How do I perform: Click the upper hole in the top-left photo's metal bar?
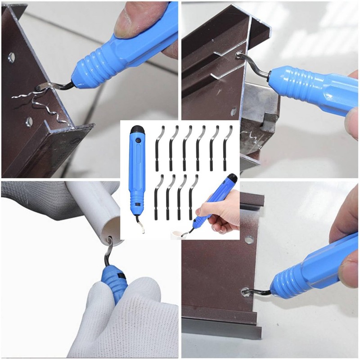[x=12, y=57]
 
